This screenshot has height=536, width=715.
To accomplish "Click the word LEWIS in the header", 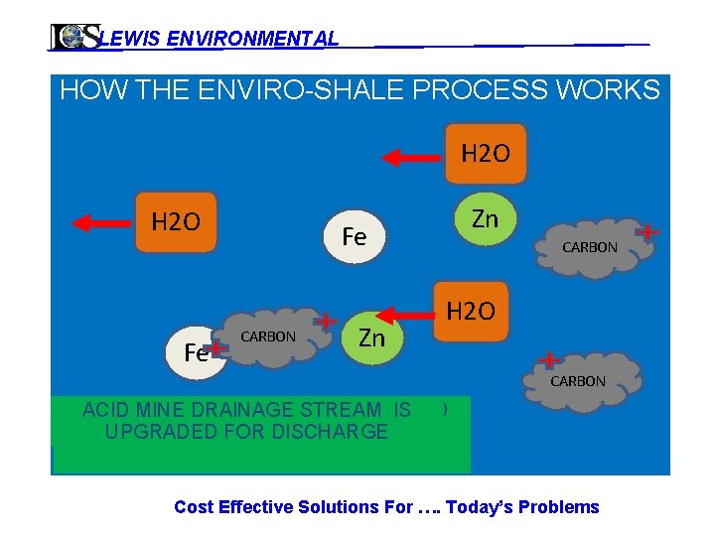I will click(x=131, y=39).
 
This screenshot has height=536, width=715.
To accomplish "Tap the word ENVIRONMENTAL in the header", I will click(x=253, y=39).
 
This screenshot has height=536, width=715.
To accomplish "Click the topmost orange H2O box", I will click(x=485, y=154).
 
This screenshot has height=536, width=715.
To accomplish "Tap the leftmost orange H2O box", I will click(x=176, y=220).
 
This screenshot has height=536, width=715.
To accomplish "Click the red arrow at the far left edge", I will click(x=100, y=222).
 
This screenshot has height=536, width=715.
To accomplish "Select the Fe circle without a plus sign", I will click(x=354, y=236).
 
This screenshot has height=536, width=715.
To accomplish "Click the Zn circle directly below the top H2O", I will click(x=485, y=219).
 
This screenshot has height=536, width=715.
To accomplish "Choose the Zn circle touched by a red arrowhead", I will click(x=371, y=337).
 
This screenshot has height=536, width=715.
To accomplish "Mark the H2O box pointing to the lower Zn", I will click(x=471, y=312).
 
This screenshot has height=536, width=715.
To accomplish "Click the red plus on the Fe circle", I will click(x=215, y=344).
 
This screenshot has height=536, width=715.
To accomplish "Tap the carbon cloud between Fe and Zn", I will click(x=273, y=337).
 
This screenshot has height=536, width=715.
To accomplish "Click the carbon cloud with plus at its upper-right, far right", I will click(x=593, y=248).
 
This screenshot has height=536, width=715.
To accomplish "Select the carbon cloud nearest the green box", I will click(x=580, y=381).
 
